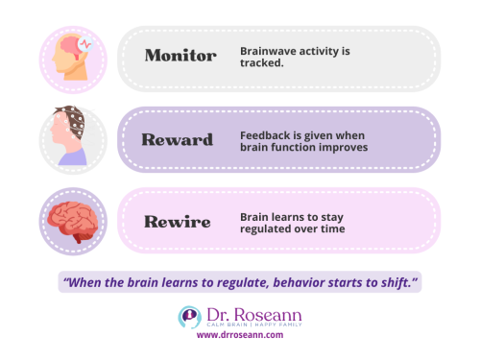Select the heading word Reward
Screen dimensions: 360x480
click(x=178, y=139)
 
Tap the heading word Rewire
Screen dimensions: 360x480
click(x=178, y=220)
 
